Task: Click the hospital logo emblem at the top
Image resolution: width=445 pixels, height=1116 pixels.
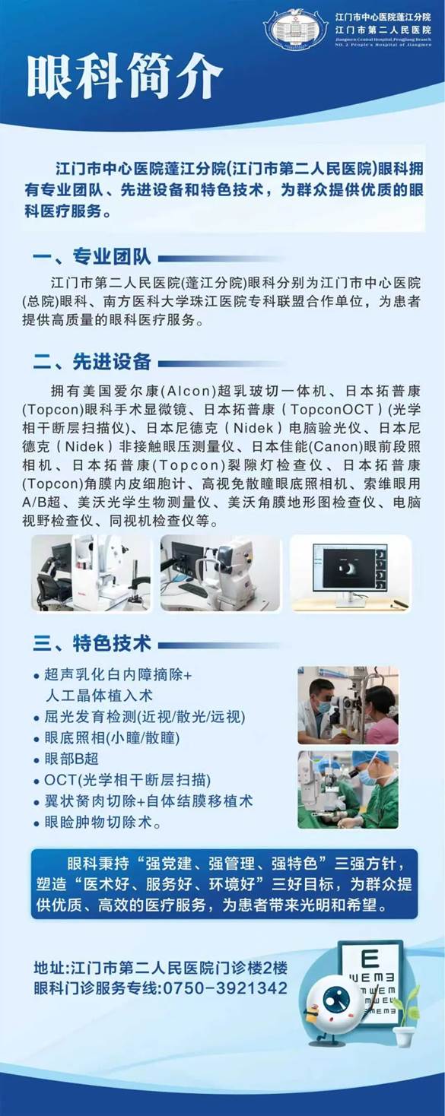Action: (x=295, y=30)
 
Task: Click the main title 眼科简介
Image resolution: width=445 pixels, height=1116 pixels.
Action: (x=126, y=76)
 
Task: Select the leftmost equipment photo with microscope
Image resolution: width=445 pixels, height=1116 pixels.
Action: (x=91, y=572)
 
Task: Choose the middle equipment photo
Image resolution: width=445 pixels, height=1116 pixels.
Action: (x=221, y=572)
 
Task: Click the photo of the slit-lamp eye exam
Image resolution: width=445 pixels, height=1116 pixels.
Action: (x=348, y=705)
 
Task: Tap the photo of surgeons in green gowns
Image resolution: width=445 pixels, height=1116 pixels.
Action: (x=348, y=789)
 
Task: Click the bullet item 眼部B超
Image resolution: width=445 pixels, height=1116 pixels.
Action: (x=72, y=759)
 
